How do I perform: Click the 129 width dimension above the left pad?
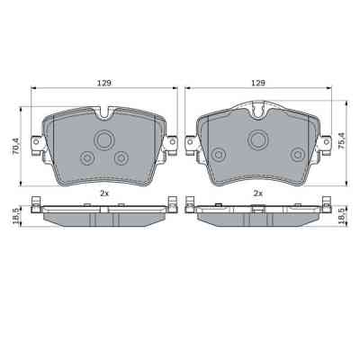[103, 82]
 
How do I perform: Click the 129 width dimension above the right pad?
[258, 82]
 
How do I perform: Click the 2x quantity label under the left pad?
[103, 193]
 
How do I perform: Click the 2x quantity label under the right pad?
[258, 193]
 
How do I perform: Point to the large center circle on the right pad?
[258, 139]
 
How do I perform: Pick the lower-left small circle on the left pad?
[87, 158]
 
